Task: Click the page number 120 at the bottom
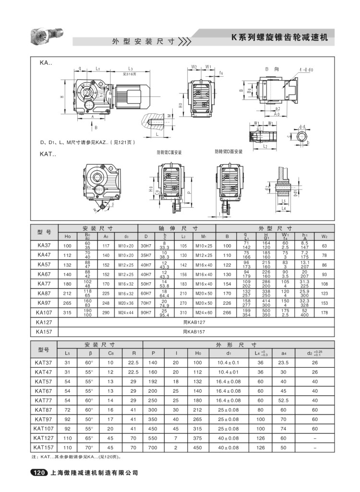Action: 39,473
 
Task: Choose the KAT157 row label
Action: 44,447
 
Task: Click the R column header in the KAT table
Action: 127,353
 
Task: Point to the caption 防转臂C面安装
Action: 169,152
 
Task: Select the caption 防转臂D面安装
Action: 228,152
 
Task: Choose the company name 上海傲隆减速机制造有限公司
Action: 94,473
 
